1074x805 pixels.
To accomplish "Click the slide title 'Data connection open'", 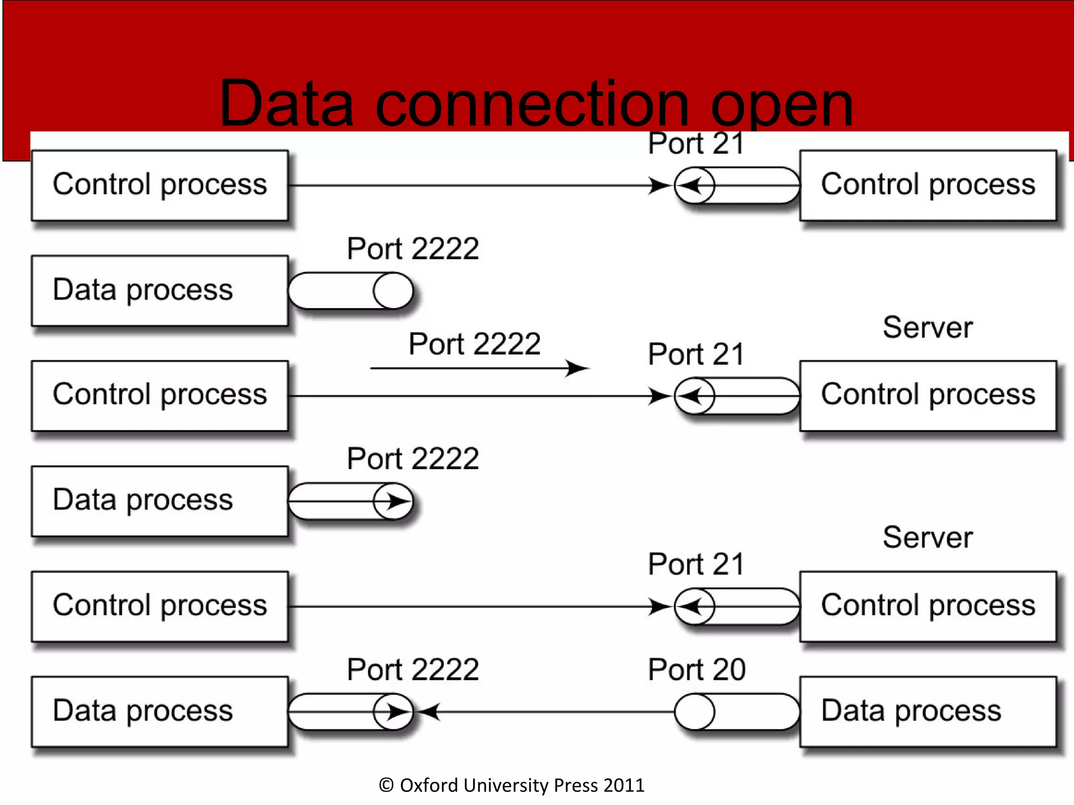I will click(x=536, y=103).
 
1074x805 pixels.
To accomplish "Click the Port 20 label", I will click(x=696, y=669).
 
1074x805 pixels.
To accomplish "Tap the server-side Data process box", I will click(x=927, y=711).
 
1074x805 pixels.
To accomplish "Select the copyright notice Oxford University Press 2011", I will click(x=511, y=785).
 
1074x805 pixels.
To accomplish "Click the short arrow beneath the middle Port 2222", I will click(x=479, y=368).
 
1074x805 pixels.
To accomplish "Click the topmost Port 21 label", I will click(x=696, y=143).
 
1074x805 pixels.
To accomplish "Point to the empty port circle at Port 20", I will click(x=694, y=712).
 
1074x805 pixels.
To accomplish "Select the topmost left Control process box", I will click(x=160, y=185).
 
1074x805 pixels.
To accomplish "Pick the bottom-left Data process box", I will click(x=160, y=711).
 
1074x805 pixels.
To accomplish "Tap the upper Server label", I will click(x=927, y=328).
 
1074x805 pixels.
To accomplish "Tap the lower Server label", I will click(x=927, y=537).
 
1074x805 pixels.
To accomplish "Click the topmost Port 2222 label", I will click(x=413, y=248).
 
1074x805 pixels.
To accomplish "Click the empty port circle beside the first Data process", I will click(x=393, y=290).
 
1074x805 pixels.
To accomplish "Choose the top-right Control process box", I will click(x=927, y=185).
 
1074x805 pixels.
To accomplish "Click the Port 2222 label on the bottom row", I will click(x=413, y=669).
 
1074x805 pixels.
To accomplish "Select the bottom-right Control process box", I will click(x=927, y=606).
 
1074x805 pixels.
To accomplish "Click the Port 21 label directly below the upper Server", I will click(x=696, y=354).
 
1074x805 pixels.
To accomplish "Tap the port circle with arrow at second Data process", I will click(x=393, y=501).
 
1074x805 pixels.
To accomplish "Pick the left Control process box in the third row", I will click(x=160, y=396).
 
